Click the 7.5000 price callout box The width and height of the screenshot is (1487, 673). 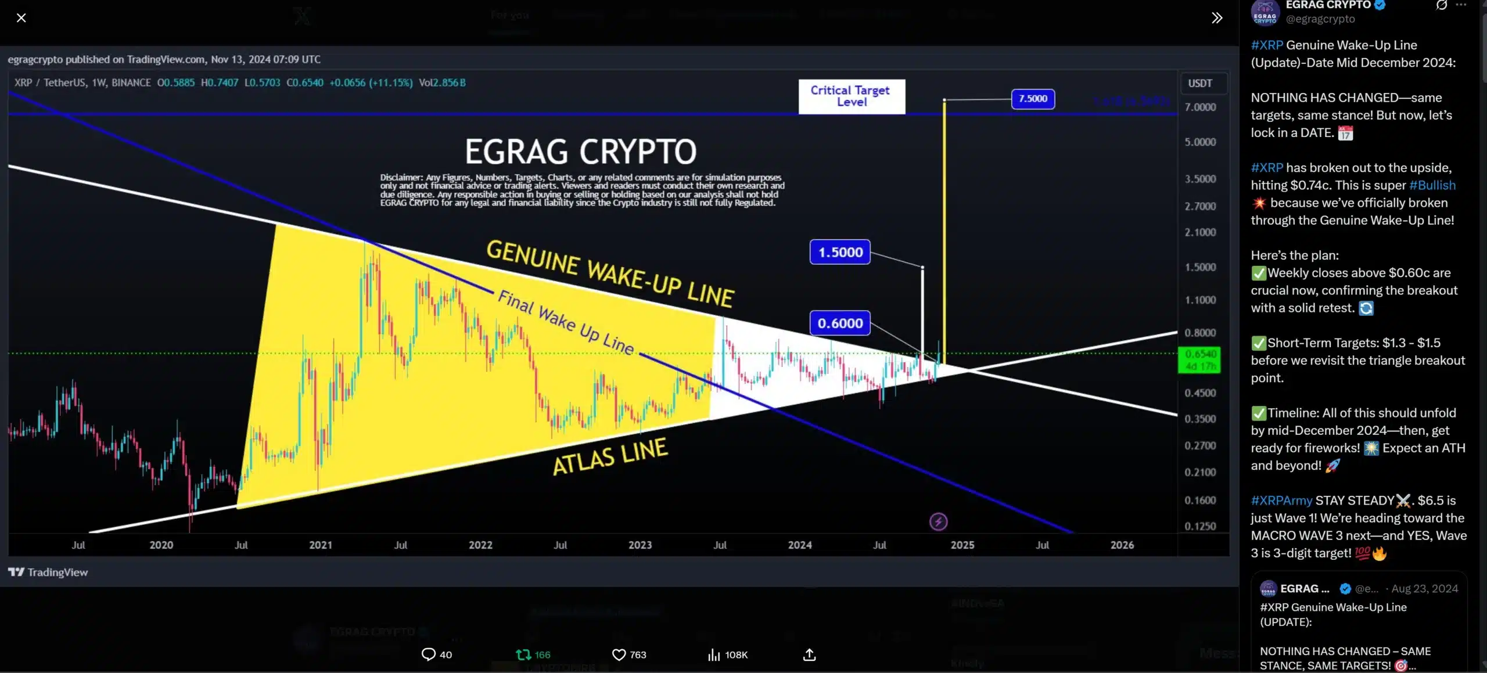1033,99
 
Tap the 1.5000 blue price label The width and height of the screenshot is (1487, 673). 840,252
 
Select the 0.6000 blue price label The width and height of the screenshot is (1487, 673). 840,323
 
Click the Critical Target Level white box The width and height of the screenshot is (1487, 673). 851,96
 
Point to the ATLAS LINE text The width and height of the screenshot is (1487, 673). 610,456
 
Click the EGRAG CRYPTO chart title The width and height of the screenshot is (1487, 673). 580,152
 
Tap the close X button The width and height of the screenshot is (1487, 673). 21,18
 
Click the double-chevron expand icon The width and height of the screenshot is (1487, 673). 1216,18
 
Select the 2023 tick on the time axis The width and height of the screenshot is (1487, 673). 640,545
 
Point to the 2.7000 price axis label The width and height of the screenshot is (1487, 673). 1200,206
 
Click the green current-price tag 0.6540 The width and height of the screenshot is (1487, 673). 1199,359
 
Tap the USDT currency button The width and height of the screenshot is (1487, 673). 1200,83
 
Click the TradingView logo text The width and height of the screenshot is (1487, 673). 48,572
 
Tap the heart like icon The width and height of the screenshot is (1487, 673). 619,654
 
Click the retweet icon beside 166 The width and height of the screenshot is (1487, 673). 523,654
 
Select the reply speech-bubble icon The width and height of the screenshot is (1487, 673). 428,654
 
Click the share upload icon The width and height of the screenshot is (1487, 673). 809,654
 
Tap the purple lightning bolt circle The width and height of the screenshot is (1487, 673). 938,521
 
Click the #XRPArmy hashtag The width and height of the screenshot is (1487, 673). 1281,500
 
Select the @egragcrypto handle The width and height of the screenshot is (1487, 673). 1320,19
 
